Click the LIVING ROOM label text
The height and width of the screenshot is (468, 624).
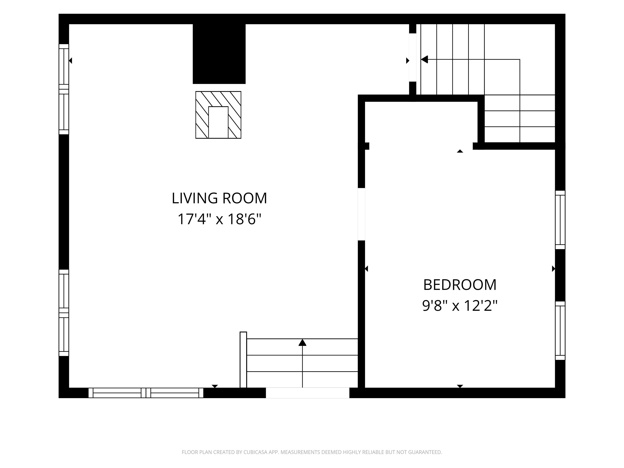(219, 198)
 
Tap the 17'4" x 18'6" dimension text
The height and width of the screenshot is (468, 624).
(219, 219)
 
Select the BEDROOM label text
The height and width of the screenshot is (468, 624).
(460, 285)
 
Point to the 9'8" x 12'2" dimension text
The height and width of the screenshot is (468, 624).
(460, 306)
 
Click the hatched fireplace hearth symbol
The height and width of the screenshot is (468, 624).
(218, 115)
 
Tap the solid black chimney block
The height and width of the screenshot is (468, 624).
(219, 54)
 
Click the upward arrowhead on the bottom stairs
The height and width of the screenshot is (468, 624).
(302, 342)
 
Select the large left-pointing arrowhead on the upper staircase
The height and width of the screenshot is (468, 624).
(425, 60)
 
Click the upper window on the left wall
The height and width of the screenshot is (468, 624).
(64, 89)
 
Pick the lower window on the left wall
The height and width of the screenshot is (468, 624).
(64, 313)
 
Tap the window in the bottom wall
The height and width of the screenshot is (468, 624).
(146, 393)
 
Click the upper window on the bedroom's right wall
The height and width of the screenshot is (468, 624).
(560, 220)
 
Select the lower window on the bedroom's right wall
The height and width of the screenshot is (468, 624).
(560, 331)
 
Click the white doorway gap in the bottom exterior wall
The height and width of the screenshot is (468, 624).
(308, 393)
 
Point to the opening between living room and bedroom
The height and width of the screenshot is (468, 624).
(361, 214)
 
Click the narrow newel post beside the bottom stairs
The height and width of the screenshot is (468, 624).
(243, 360)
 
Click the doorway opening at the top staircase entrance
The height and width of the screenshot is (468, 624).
(412, 57)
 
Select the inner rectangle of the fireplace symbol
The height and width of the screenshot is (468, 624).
(218, 122)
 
